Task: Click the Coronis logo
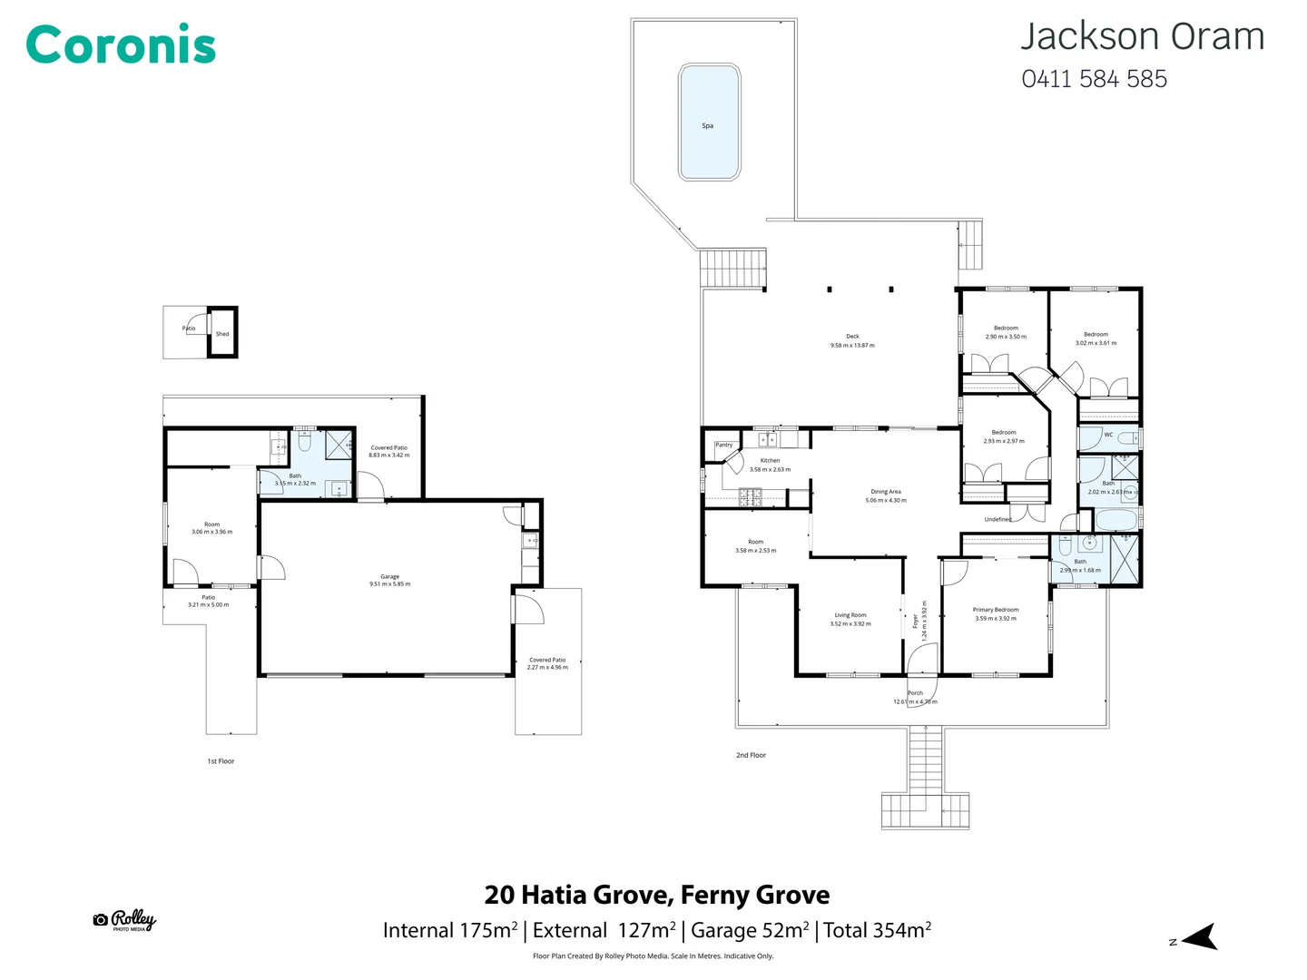[121, 45]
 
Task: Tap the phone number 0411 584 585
[1094, 80]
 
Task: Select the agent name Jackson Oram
[1142, 37]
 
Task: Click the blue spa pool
[709, 122]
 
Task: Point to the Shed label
[222, 334]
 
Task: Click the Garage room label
[389, 577]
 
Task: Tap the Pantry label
[723, 445]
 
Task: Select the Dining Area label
[885, 492]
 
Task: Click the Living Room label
[850, 615]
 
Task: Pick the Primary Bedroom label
[996, 610]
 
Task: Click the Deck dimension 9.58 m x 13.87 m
[852, 346]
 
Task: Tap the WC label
[1108, 435]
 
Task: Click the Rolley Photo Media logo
[125, 920]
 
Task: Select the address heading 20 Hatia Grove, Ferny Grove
[656, 895]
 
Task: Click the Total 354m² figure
[877, 930]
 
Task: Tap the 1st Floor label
[221, 761]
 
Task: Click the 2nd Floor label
[751, 755]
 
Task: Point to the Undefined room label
[997, 519]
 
